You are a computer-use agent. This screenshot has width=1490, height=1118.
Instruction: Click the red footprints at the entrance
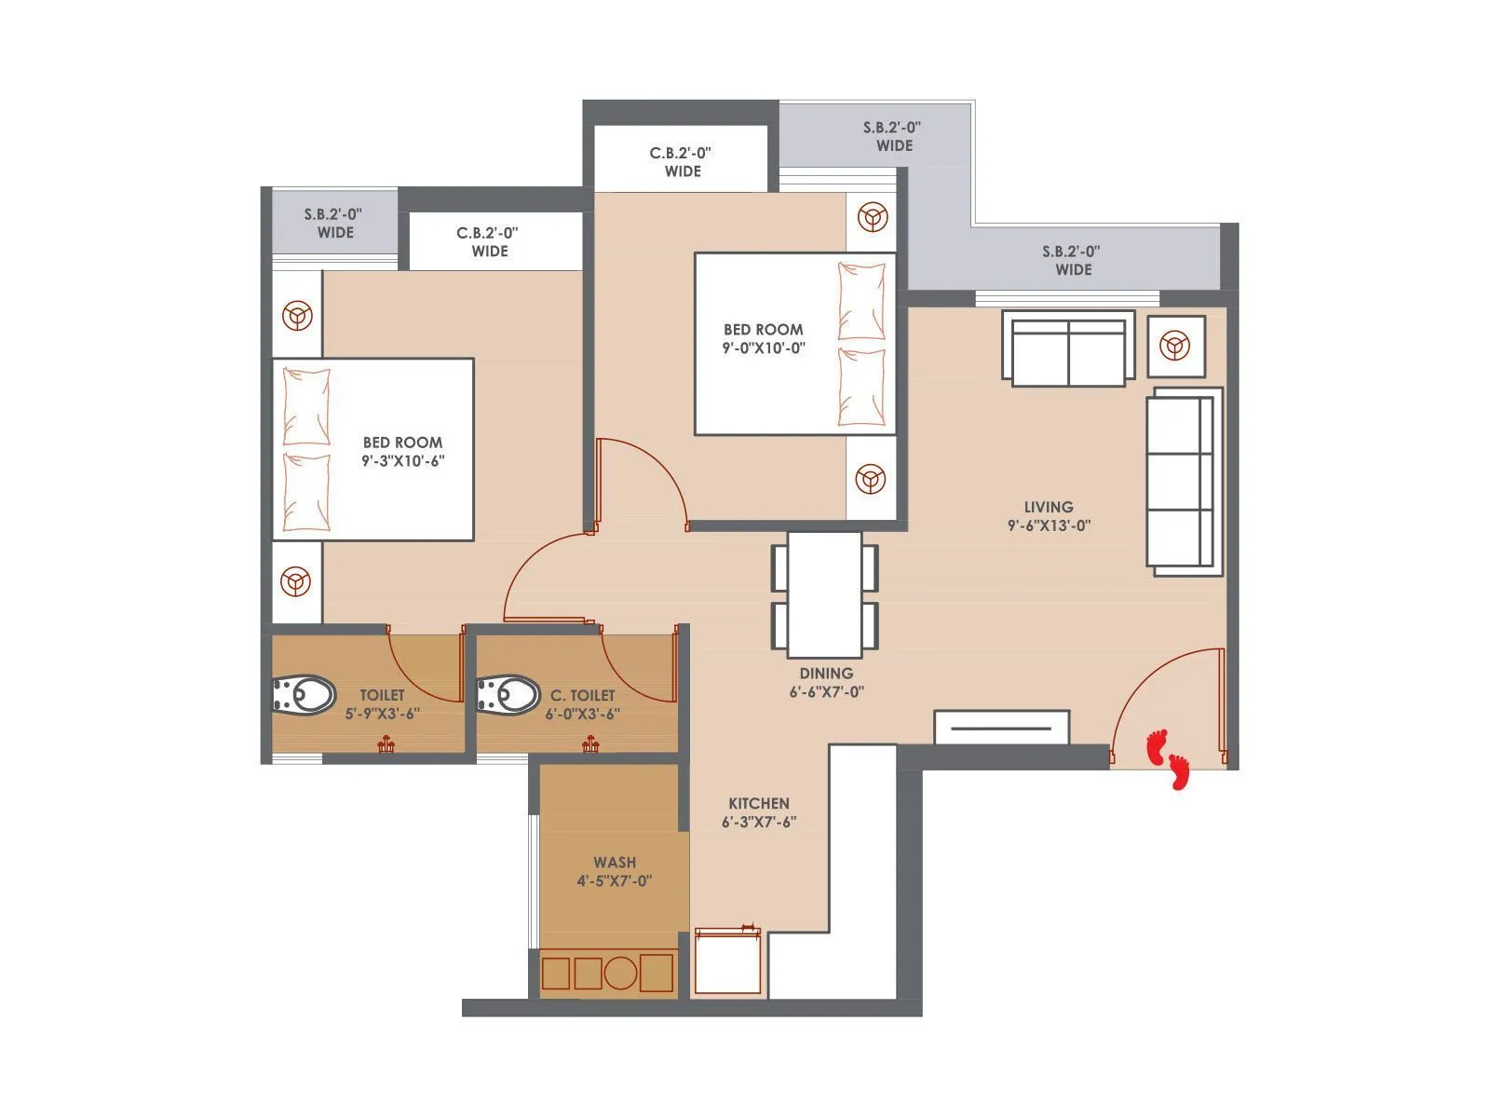[x=1169, y=758]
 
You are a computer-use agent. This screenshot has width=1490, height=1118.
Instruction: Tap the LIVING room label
[x=1049, y=507]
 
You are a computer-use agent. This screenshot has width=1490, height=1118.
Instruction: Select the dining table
[x=825, y=593]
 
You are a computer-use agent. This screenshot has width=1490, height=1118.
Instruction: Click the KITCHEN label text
[x=759, y=803]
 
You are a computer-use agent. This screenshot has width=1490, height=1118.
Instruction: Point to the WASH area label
[x=615, y=863]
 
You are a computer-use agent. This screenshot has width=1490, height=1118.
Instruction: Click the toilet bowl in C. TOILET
[x=508, y=695]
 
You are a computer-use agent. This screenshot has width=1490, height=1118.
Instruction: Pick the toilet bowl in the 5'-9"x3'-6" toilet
[x=304, y=695]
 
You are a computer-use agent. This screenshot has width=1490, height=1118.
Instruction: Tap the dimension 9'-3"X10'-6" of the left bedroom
[x=402, y=460]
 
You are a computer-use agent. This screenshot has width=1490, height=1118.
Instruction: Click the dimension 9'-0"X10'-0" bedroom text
[x=763, y=348]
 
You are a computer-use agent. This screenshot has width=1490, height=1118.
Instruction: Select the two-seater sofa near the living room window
[x=1068, y=348]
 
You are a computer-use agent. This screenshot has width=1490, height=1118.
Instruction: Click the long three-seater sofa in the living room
[x=1183, y=481]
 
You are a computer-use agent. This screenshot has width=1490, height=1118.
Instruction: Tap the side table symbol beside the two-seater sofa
[x=1175, y=347]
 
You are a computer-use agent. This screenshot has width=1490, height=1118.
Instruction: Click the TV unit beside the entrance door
[x=1001, y=728]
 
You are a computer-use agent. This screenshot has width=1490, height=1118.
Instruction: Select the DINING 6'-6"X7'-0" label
[x=826, y=682]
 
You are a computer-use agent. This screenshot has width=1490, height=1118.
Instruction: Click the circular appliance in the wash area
[x=620, y=974]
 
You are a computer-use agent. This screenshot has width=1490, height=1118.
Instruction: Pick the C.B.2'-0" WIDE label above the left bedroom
[x=488, y=242]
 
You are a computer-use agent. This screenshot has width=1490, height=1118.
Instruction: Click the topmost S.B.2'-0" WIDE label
[x=892, y=136]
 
